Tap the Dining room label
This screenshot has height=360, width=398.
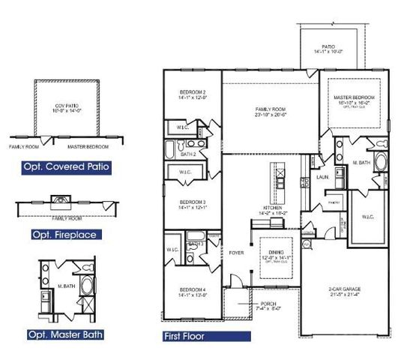point(272,253)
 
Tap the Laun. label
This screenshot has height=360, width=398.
point(323,178)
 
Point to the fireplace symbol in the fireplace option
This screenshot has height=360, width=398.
point(60,199)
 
